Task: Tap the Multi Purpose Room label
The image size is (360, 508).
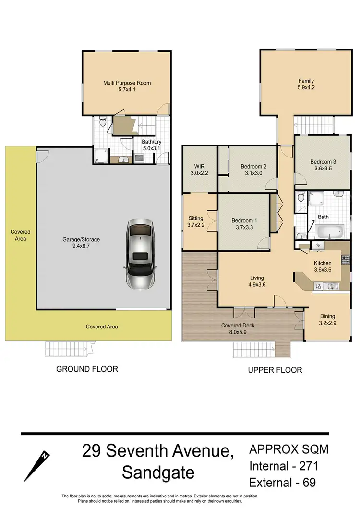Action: (x=127, y=83)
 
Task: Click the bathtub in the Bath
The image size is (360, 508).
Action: (x=329, y=232)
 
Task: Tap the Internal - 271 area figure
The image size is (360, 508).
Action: (x=283, y=465)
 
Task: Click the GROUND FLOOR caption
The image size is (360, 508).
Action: (x=87, y=369)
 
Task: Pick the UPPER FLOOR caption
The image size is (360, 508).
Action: (x=274, y=370)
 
